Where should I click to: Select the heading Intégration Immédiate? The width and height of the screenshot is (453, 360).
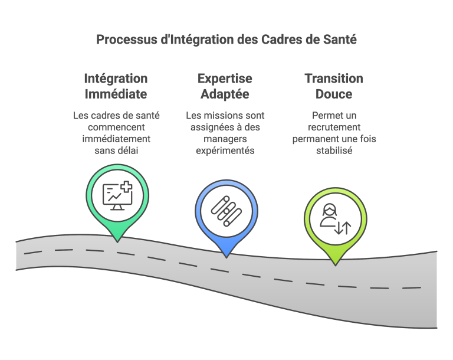coord(116,86)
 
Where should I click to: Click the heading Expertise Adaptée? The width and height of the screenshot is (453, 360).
coord(225,86)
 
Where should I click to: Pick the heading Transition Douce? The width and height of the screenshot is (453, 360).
coord(334,86)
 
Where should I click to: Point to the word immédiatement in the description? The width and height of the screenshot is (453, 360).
coord(116,139)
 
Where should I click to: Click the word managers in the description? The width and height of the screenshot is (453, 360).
coord(225,139)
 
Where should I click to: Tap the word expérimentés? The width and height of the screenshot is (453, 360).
coord(225,150)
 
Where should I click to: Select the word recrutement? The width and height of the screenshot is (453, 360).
coord(334,127)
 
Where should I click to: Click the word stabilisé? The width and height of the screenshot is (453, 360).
coord(334,150)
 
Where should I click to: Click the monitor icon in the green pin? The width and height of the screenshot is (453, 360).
coord(117,196)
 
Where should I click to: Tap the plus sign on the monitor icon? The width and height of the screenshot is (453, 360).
coord(127,186)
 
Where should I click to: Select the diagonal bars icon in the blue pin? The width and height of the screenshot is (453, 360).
coord(226,211)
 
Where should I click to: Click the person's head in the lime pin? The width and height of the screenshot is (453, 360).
coord(330,210)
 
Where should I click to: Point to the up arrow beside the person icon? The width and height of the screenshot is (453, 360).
coord(346,228)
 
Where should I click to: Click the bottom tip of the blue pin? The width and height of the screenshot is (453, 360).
coord(226,258)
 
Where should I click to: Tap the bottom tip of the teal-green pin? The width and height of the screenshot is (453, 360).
coord(117,242)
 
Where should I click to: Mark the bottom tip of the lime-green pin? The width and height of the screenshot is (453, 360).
coord(336,266)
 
